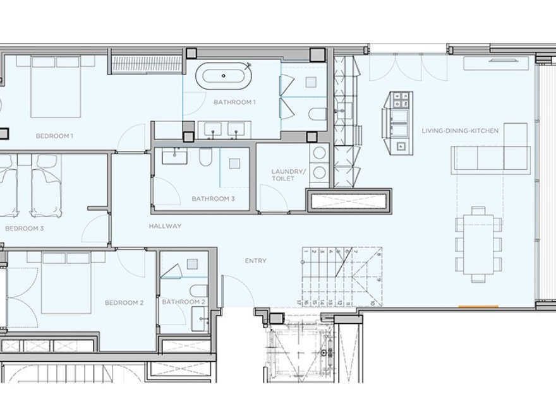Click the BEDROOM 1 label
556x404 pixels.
click(54, 136)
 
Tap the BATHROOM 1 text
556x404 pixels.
click(234, 102)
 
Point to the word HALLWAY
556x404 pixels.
click(166, 226)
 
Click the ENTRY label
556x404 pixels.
click(256, 261)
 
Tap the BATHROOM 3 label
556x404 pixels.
click(213, 199)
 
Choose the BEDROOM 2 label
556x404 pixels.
click(124, 303)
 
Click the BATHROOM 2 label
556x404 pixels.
click(184, 302)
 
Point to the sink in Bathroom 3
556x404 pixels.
click(171, 156)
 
